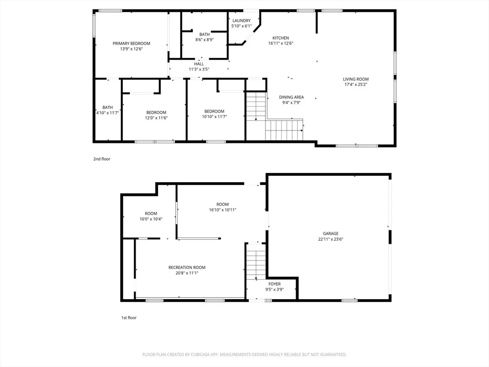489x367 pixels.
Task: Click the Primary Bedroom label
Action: point(131,43)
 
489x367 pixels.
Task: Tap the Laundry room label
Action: point(241,21)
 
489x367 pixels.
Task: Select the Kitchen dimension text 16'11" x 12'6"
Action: point(281,43)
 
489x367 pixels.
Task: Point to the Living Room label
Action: point(356,79)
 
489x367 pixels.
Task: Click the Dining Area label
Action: point(291,97)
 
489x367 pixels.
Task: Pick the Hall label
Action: point(199,64)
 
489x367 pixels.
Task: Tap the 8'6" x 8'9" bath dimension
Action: point(204,40)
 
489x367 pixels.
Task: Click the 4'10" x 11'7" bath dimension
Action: point(107,113)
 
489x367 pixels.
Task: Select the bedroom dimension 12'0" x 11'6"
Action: point(156,118)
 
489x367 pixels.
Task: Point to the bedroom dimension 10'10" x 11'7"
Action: point(214,117)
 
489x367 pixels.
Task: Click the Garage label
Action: point(330,233)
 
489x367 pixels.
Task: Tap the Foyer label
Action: point(275,284)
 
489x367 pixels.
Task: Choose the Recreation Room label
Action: point(187,268)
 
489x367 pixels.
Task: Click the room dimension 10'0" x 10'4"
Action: point(151,219)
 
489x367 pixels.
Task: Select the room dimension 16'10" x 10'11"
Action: point(223,210)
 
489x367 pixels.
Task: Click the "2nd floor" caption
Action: point(102,159)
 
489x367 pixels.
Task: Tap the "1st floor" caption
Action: point(129,318)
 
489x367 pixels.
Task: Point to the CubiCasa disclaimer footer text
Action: point(244,355)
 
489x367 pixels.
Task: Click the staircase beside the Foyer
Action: point(256,261)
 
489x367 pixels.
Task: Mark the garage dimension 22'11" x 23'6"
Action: point(330,239)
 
